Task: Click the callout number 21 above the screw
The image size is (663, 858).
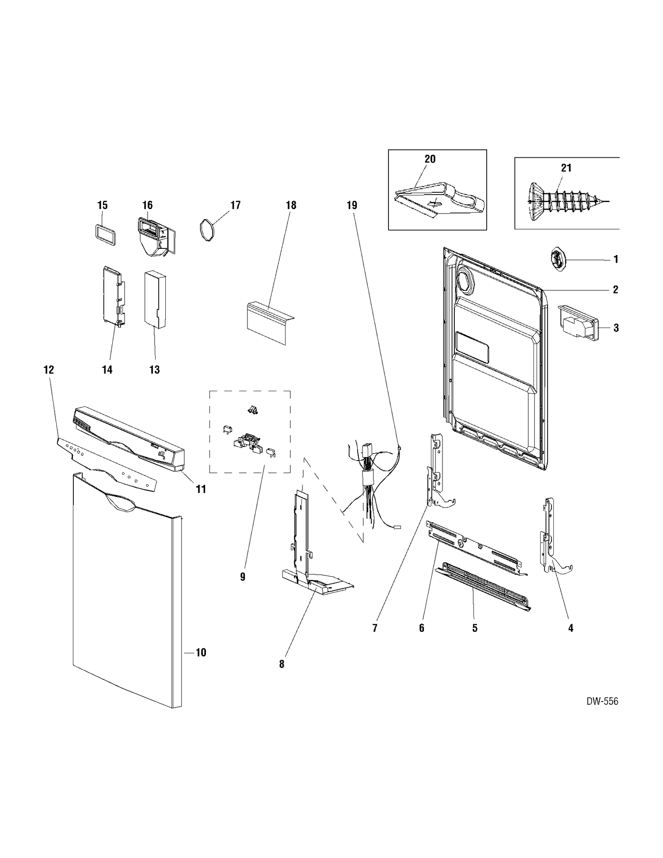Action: click(x=566, y=168)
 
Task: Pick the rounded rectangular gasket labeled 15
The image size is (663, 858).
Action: click(x=105, y=234)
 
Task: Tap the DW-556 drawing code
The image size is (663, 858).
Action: click(x=602, y=701)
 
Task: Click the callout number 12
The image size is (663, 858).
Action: click(x=49, y=370)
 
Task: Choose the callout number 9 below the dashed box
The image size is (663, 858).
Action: click(x=243, y=576)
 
